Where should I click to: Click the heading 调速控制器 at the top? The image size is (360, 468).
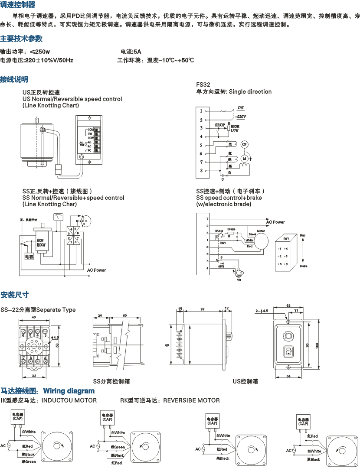pyautogui.click(x=18, y=5)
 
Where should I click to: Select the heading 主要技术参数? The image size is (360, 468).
pyautogui.click(x=21, y=39)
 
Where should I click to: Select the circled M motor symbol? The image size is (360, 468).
pyautogui.click(x=244, y=159)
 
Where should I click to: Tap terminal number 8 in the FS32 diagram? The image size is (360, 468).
pyautogui.click(x=201, y=171)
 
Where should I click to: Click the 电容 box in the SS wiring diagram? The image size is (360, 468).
pyautogui.click(x=29, y=257)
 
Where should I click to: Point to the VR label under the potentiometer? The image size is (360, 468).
pyautogui.click(x=239, y=280)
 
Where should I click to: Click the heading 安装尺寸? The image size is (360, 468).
pyautogui.click(x=15, y=295)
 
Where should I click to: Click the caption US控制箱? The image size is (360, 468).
pyautogui.click(x=245, y=381)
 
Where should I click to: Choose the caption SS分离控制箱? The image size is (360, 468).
pyautogui.click(x=111, y=381)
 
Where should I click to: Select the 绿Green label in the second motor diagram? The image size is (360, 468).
pyautogui.click(x=118, y=447)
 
